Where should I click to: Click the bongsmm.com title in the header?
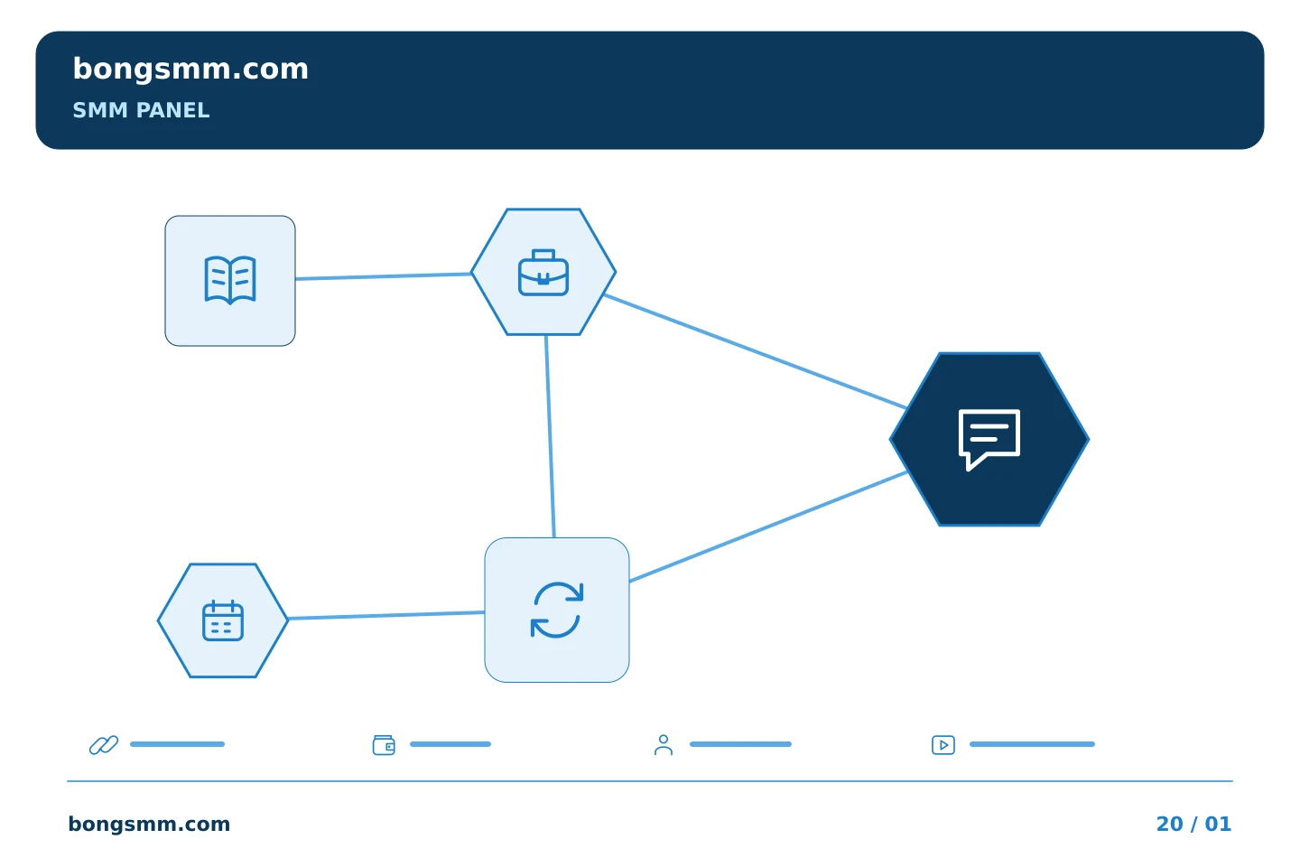(190, 70)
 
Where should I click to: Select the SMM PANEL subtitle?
(141, 110)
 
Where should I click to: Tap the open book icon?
(230, 281)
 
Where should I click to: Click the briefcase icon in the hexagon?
(543, 273)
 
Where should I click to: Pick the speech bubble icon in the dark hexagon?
(989, 439)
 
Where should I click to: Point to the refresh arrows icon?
(556, 610)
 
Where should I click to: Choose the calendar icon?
(223, 620)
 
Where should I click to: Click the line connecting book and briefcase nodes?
(383, 276)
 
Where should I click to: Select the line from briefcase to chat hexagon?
(756, 351)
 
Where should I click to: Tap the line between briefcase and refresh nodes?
(550, 437)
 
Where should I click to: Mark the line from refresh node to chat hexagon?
(768, 527)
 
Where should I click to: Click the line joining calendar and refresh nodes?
(386, 615)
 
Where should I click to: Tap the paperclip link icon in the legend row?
(104, 744)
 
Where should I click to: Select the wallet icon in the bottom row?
(384, 745)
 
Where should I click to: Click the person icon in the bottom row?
(664, 745)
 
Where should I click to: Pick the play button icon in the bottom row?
(943, 745)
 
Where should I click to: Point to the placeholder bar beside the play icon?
(1032, 744)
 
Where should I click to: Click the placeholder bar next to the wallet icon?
(450, 744)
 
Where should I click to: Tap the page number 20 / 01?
(1193, 824)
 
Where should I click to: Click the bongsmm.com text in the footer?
(149, 824)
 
